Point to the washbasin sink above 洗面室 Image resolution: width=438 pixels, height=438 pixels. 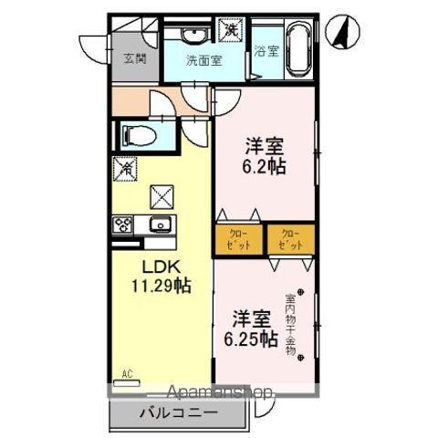click(195, 36)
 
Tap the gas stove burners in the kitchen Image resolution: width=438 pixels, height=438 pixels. click(124, 225)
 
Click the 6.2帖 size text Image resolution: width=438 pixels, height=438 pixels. click(264, 166)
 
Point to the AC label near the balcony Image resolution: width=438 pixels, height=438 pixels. click(127, 372)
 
